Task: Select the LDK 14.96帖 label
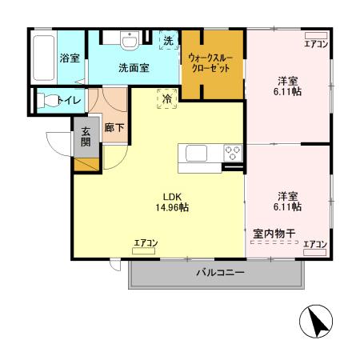tap(172, 202)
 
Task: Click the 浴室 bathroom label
tap(70, 58)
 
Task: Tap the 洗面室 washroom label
tap(134, 68)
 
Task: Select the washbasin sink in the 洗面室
tap(129, 41)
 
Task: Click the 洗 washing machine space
tap(168, 41)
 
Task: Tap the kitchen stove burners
tap(233, 151)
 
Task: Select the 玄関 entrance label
tap(85, 137)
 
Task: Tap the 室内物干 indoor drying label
tap(274, 234)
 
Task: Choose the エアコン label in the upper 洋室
tap(315, 44)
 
